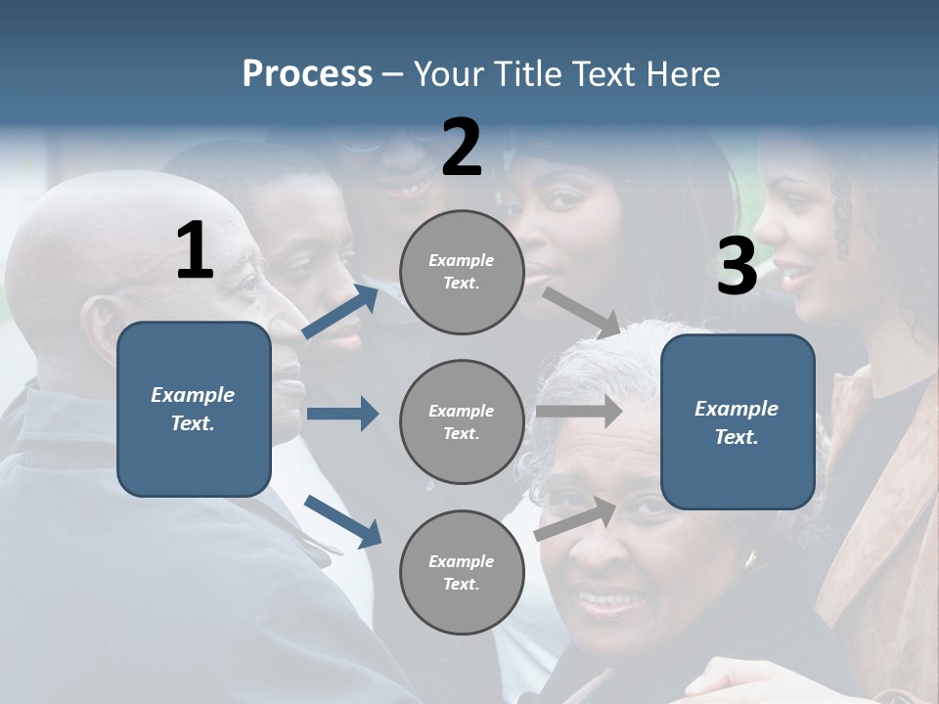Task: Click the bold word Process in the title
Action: point(307,73)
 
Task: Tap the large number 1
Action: point(195,250)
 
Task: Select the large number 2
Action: point(462,148)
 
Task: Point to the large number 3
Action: point(737,266)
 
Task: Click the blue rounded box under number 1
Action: point(194,409)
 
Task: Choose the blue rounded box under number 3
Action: point(738,421)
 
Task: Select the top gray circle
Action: point(462,272)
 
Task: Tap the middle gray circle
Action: point(462,421)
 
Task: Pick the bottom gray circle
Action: point(462,572)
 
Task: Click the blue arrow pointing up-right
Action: point(340,311)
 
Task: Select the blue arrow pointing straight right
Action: point(342,414)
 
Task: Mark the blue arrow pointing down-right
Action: point(342,520)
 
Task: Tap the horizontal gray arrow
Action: point(579,411)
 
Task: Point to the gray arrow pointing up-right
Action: point(577,518)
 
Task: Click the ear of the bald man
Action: point(101,330)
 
